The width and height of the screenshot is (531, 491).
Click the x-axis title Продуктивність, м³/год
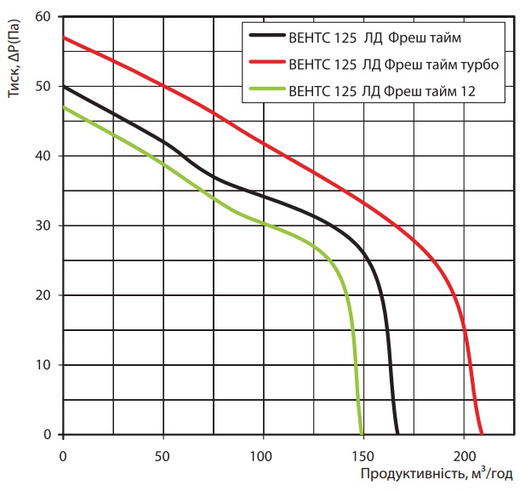[436, 474]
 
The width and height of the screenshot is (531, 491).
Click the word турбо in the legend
[479, 63]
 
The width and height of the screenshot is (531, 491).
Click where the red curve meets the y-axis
[63, 37]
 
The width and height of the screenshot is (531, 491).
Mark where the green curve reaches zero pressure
[363, 434]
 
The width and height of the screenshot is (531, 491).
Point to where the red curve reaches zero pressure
[482, 434]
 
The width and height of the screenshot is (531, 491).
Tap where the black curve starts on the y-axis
[63, 86]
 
